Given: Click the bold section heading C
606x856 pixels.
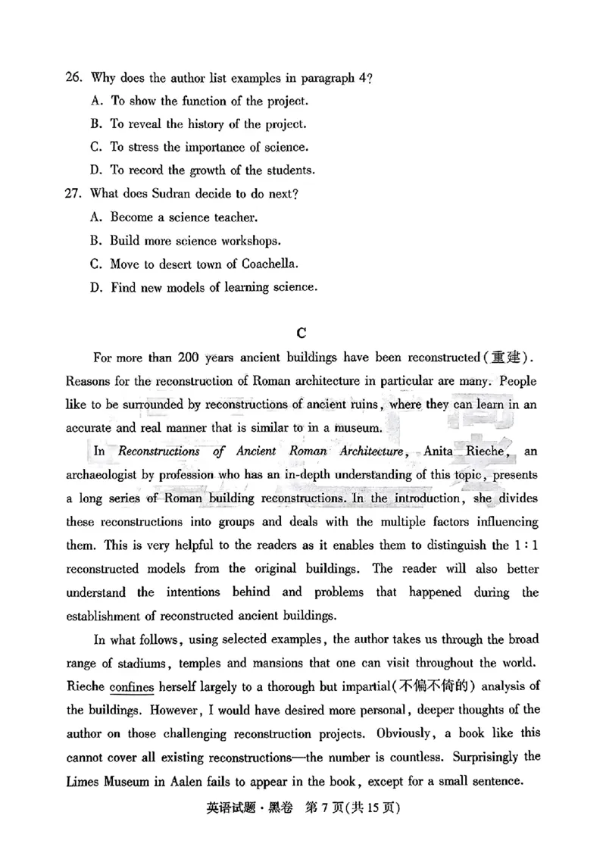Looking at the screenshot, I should (x=301, y=333).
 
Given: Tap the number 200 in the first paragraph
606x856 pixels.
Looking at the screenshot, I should (x=188, y=358).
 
